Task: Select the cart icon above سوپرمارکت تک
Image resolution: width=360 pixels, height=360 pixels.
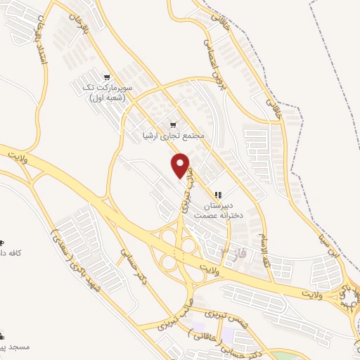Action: point(106,77)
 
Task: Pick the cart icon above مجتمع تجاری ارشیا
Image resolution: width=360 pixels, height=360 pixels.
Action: point(173,122)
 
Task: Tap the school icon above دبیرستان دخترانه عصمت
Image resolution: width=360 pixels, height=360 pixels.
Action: point(218,193)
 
